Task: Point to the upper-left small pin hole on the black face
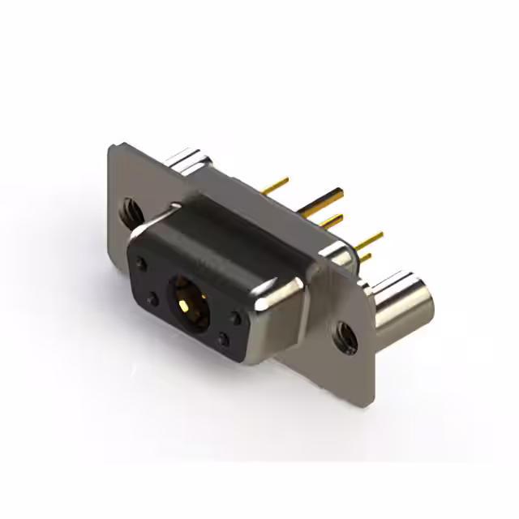142,264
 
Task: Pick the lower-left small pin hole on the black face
152,302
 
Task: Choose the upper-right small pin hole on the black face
235,319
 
